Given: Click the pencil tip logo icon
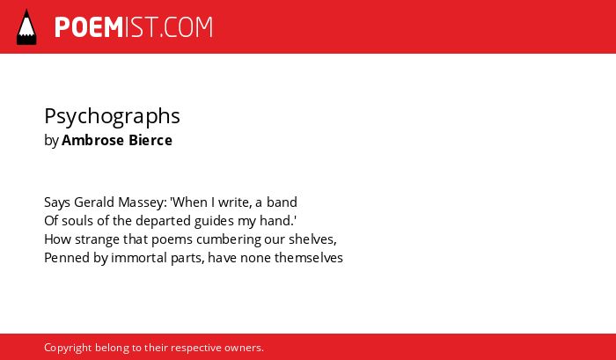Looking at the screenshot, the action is tap(26, 27).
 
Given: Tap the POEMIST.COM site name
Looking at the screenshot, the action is tap(134, 27).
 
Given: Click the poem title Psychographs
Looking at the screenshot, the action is tap(112, 117).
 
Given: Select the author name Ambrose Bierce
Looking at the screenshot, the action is tap(117, 140).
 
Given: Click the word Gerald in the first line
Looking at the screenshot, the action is tap(95, 202).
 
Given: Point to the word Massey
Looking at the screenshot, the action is tap(143, 202).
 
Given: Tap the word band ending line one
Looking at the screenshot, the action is tap(282, 202).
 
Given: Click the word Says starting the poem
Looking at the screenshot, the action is tap(57, 202).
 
